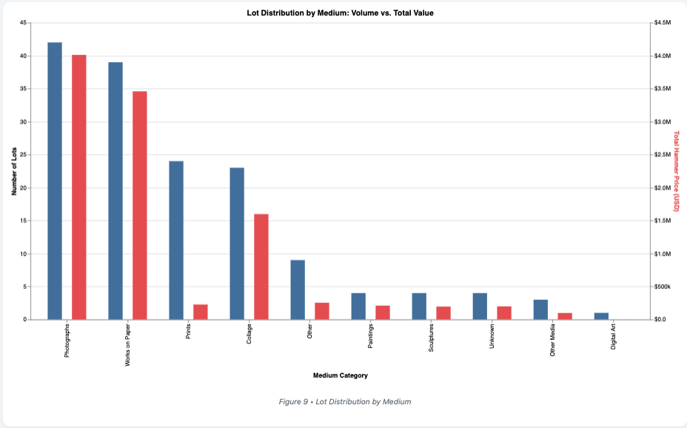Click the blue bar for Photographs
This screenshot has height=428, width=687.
coord(55,181)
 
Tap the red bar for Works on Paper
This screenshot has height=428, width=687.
coord(140,205)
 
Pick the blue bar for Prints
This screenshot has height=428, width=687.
coord(176,240)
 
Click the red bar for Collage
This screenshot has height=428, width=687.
coord(261,267)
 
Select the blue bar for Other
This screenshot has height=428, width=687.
coord(298,290)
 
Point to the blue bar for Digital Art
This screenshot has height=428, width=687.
coord(601,316)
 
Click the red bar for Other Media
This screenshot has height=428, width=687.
coord(565,316)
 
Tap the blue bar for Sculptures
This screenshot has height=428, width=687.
coord(419,307)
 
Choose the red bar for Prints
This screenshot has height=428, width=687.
coord(201,312)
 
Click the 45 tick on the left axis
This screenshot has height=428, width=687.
coord(24,23)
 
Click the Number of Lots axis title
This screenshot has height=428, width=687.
coord(13,171)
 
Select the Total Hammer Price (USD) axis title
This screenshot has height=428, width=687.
coord(676,171)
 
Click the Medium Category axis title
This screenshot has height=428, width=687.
coord(341,375)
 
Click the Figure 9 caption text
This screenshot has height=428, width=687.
coord(344,401)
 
